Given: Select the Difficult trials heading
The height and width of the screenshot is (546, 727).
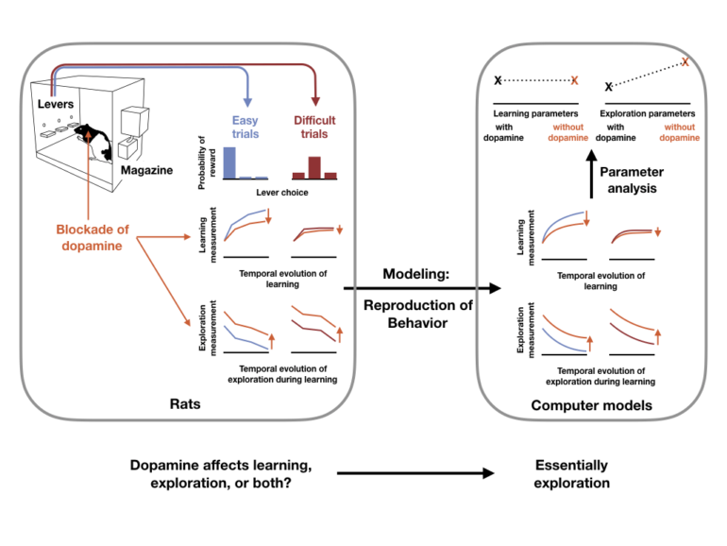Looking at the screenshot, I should point(315,128).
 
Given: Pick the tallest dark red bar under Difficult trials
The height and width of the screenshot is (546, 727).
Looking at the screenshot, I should point(315,167).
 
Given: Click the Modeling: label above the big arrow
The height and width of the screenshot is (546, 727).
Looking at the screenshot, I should point(419,274).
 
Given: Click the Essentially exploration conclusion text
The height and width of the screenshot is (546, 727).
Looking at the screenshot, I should point(571,474).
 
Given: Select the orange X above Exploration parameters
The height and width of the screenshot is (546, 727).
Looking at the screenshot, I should point(685,62).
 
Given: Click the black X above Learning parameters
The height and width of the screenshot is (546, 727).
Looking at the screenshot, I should point(498,82).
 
